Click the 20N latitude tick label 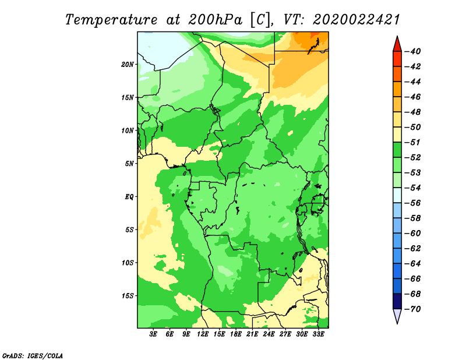click(128, 65)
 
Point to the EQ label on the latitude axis click(129, 197)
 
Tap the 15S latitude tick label click(128, 296)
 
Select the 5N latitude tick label click(129, 164)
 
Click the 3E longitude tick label click(153, 334)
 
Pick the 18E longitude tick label click(236, 334)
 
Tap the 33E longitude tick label click(318, 334)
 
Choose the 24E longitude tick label click(269, 334)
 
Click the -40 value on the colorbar click(413, 51)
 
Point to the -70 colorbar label click(413, 309)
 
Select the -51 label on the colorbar click(413, 142)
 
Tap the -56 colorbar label click(413, 203)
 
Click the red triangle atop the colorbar click(397, 45)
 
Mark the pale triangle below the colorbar click(397, 316)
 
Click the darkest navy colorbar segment click(397, 301)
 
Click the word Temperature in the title click(111, 20)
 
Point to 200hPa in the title click(215, 20)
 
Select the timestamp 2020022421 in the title click(356, 20)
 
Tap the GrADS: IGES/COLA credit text click(33, 356)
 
